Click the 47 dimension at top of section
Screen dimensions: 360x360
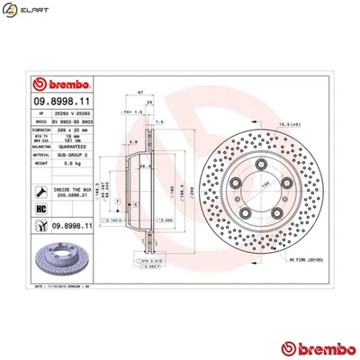click(x=139, y=92)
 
